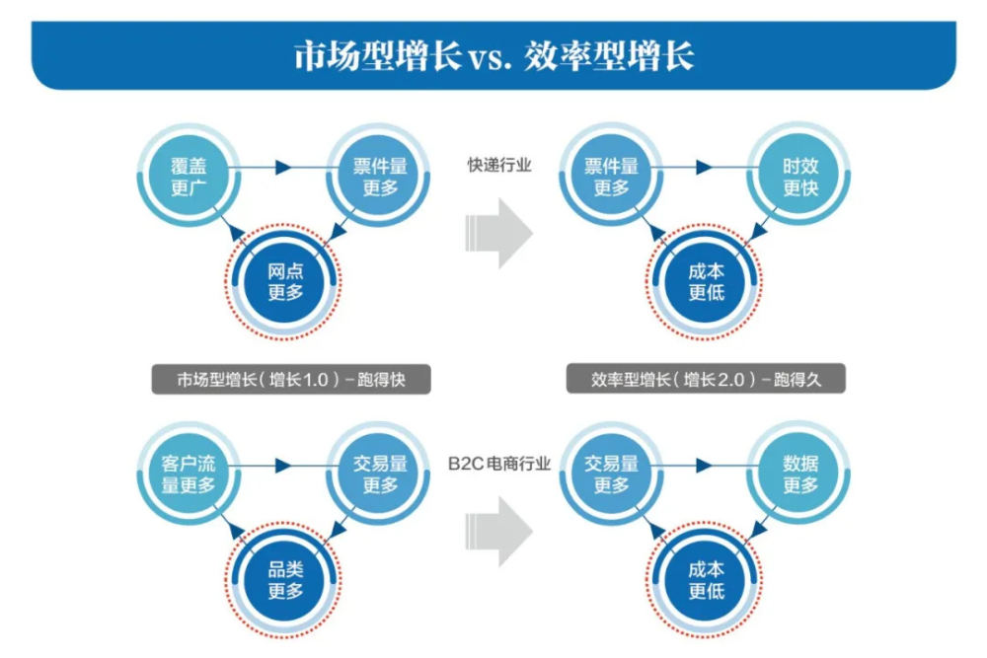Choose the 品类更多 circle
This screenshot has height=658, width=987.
pyautogui.click(x=284, y=580)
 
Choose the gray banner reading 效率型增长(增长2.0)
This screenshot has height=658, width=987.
pyautogui.click(x=706, y=380)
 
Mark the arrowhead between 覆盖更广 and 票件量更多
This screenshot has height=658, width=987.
pyautogui.click(x=283, y=168)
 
